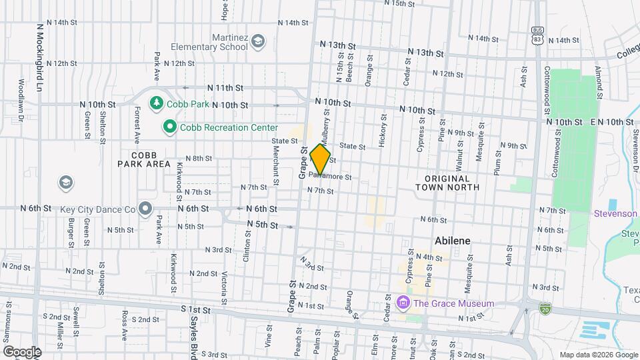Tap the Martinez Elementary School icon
tap(257, 43)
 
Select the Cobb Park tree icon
tap(157, 103)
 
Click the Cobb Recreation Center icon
tap(170, 126)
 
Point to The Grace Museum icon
tap(403, 304)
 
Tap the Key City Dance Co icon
tap(145, 209)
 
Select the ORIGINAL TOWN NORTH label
tap(452, 183)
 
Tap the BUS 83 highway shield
tap(537, 35)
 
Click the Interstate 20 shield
tap(545, 308)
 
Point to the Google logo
tap(21, 352)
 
